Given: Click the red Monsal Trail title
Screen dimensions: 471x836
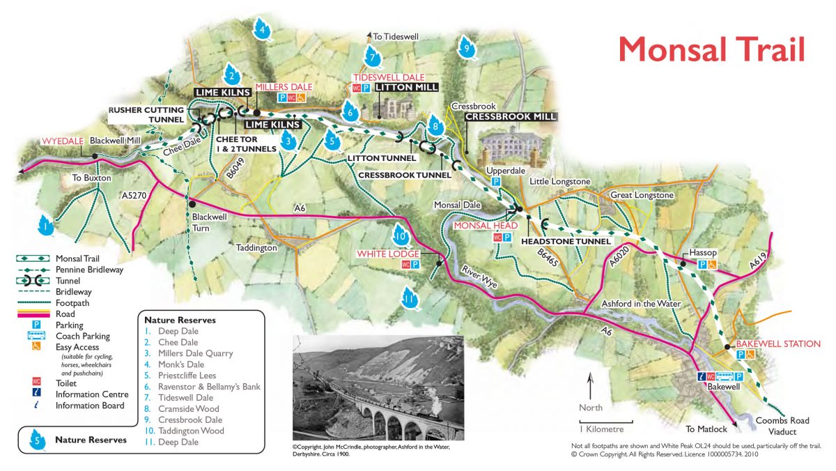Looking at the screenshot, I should point(711,49).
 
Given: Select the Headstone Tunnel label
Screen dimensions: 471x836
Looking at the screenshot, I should point(566,241).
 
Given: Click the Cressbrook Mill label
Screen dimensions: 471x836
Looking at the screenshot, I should point(511,117).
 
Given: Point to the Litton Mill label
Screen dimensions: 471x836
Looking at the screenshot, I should point(407,87).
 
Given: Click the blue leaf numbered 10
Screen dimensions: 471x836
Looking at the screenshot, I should point(400,234).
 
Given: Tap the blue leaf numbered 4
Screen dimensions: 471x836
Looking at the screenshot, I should point(262,30).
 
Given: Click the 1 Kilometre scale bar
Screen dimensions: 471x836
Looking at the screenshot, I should point(605,422).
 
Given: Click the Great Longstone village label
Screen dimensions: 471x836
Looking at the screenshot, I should point(642,195).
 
